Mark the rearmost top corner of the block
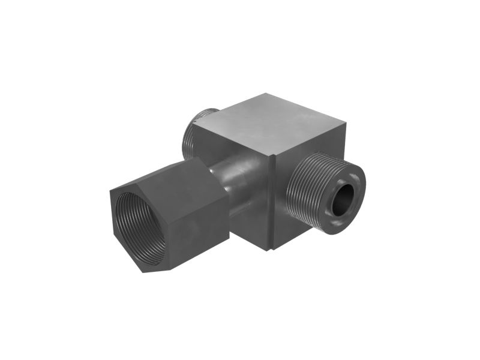(280, 94)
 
